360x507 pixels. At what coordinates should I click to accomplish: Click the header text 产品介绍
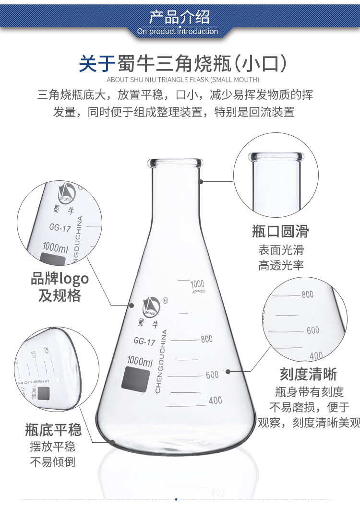pos(180,17)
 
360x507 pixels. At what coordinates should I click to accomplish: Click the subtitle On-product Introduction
pos(178,32)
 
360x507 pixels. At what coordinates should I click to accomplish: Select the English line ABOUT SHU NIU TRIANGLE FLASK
pos(183,80)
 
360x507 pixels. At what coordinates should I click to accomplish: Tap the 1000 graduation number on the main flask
pos(197,284)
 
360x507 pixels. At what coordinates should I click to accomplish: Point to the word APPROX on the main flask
pos(198,291)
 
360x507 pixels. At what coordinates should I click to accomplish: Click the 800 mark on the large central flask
pos(206,339)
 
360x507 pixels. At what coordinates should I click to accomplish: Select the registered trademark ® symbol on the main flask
pos(166,301)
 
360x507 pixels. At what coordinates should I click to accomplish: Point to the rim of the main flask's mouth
pos(176,163)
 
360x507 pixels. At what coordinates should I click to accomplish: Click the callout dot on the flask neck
pos(202,181)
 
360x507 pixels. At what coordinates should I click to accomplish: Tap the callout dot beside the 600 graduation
pos(228,371)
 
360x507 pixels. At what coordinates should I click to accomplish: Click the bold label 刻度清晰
pos(308,374)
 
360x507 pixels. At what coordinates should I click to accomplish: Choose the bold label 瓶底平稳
pos(53,429)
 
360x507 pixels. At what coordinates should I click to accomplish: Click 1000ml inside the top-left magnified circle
pos(56,248)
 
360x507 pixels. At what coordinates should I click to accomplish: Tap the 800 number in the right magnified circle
pos(307,295)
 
